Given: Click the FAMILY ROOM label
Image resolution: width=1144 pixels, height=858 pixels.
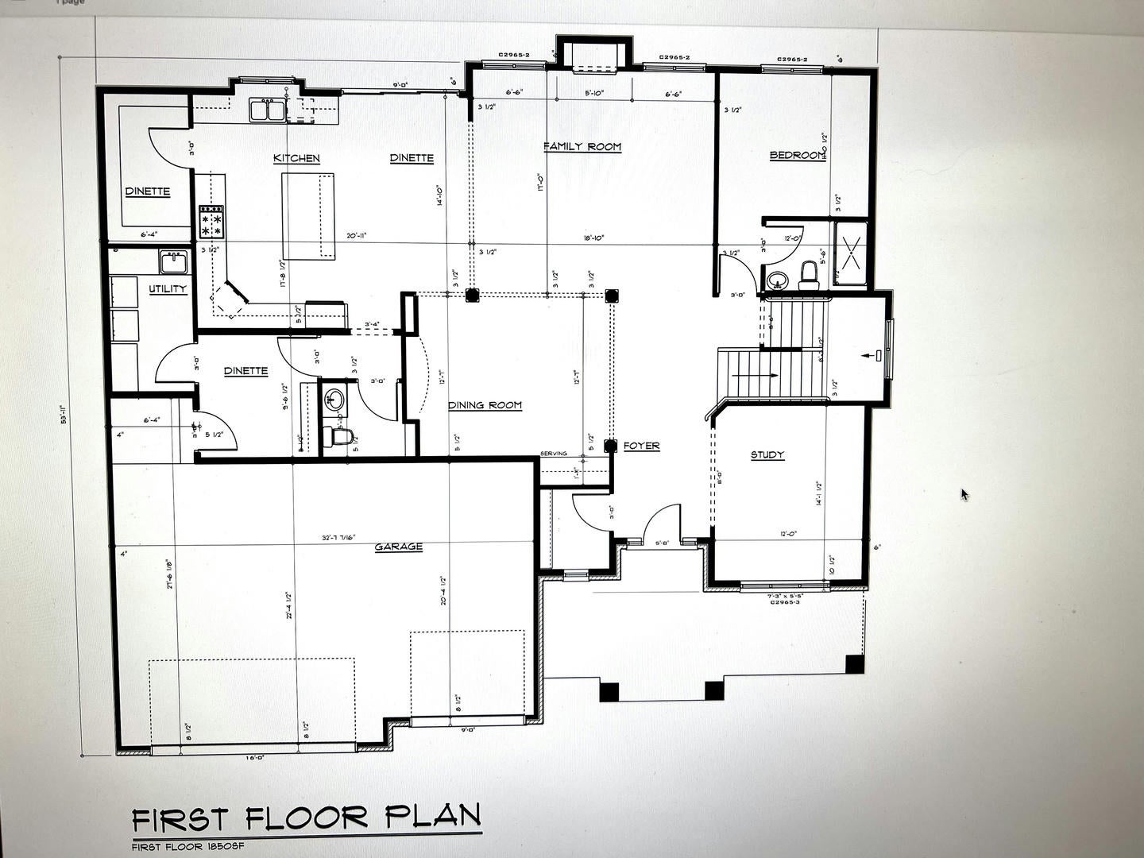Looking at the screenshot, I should click(x=582, y=147).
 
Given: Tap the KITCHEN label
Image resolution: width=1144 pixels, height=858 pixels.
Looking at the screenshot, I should click(x=296, y=158).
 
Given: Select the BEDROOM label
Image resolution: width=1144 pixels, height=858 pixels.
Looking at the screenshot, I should click(x=797, y=155).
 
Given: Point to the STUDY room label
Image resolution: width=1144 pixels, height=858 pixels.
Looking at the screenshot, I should click(x=767, y=455).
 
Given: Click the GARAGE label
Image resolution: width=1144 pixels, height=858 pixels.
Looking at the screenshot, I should click(x=398, y=547).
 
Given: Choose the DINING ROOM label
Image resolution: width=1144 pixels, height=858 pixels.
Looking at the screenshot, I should click(x=485, y=405).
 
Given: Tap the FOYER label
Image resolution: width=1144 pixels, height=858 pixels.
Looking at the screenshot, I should click(x=641, y=446).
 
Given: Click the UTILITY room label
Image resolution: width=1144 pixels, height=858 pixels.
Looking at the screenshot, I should click(x=168, y=289).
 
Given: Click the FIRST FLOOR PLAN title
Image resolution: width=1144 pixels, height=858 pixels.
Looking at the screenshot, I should click(x=306, y=817).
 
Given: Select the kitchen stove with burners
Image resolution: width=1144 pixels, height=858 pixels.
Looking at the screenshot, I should click(x=211, y=222).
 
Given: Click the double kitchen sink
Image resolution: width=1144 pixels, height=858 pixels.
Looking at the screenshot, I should click(x=267, y=110).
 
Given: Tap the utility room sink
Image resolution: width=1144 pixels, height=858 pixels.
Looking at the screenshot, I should click(x=172, y=261).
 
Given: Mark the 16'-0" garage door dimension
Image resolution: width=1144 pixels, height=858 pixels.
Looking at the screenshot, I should click(x=254, y=758).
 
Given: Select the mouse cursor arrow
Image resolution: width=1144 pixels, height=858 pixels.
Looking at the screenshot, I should click(x=964, y=494).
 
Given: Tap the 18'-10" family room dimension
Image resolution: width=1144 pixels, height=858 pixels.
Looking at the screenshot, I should click(x=593, y=237).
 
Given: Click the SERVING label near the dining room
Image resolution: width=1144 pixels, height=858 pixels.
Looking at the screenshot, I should click(x=554, y=454).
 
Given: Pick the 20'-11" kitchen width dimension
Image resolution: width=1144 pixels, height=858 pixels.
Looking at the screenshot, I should click(x=356, y=235).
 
